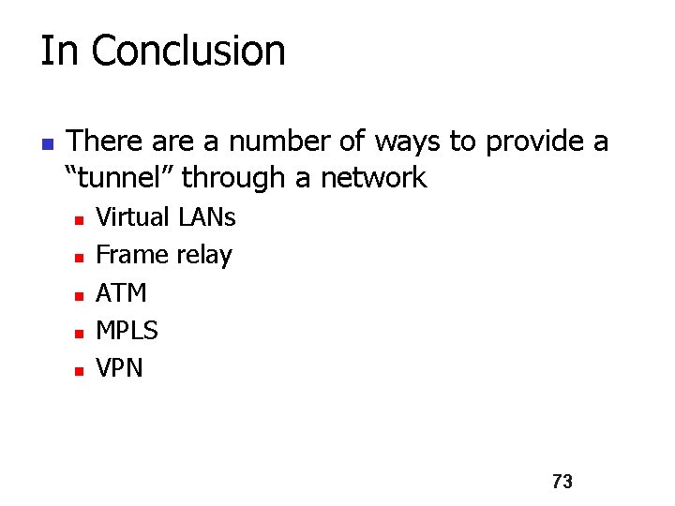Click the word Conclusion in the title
tap(188, 51)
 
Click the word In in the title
tap(58, 51)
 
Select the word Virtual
tap(133, 217)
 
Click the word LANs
tap(205, 217)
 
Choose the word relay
tap(202, 256)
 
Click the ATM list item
tap(122, 293)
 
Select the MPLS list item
tap(127, 331)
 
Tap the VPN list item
tap(120, 368)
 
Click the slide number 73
tap(562, 482)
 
